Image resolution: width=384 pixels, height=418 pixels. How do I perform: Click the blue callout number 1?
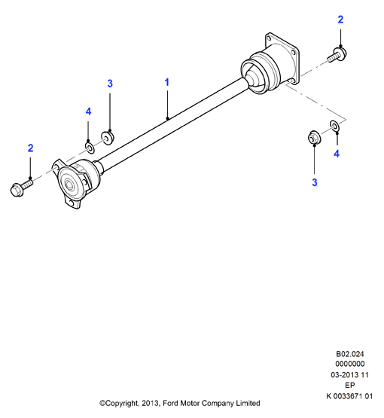pos(167,82)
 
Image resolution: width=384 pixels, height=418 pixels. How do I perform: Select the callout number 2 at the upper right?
pos(340,20)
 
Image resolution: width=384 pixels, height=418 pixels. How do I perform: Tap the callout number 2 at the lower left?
pos(31,148)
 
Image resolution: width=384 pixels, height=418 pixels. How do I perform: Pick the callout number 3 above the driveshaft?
pos(110,84)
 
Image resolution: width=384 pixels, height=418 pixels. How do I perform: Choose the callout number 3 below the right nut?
pos(315,182)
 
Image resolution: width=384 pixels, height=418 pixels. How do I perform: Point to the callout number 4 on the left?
pos(89,111)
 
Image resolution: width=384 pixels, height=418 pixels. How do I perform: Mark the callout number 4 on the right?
pos(337,154)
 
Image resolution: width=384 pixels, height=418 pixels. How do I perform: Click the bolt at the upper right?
pos(337,55)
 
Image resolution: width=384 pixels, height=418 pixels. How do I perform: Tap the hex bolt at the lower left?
pos(22,188)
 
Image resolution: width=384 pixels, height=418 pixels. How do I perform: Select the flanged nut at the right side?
pos(314,137)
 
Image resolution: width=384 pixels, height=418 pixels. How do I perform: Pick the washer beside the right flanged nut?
pos(335,126)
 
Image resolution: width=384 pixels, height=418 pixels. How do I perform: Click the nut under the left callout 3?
pos(108,137)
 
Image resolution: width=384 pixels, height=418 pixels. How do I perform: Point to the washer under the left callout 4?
pos(90,148)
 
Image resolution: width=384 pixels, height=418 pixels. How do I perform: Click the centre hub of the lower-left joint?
pos(70,185)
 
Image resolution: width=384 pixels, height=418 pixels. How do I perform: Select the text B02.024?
pos(349,354)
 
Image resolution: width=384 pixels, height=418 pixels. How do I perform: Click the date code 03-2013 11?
pos(349,375)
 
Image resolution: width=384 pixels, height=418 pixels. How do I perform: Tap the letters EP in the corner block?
pos(349,385)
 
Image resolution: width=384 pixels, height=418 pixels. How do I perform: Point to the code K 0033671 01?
pos(349,396)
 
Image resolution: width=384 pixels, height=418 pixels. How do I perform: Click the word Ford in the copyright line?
pos(171,403)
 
